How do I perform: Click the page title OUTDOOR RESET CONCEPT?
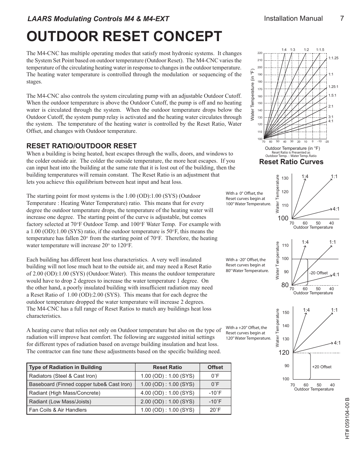click(x=124, y=37)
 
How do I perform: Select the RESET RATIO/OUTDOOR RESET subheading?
click(x=82, y=146)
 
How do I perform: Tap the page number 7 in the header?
click(x=342, y=18)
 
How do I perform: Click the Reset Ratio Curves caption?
click(x=291, y=162)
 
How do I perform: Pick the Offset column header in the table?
click(x=215, y=367)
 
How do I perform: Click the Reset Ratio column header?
click(x=167, y=367)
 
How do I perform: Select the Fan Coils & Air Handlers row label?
click(x=58, y=410)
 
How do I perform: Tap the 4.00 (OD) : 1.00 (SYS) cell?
click(x=167, y=393)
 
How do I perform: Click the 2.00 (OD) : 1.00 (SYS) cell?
click(x=167, y=401)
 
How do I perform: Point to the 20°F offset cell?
click(x=215, y=410)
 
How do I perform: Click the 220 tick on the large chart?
click(x=260, y=53)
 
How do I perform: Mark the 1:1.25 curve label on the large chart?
click(x=333, y=58)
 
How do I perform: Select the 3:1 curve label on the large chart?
click(x=331, y=117)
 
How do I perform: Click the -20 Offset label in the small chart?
click(x=318, y=273)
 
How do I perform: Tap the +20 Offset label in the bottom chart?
click(x=322, y=367)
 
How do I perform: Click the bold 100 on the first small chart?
click(x=283, y=218)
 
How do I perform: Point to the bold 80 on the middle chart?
click(x=285, y=286)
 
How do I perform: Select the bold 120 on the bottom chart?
click(x=283, y=352)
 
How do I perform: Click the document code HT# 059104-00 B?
click(x=348, y=418)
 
